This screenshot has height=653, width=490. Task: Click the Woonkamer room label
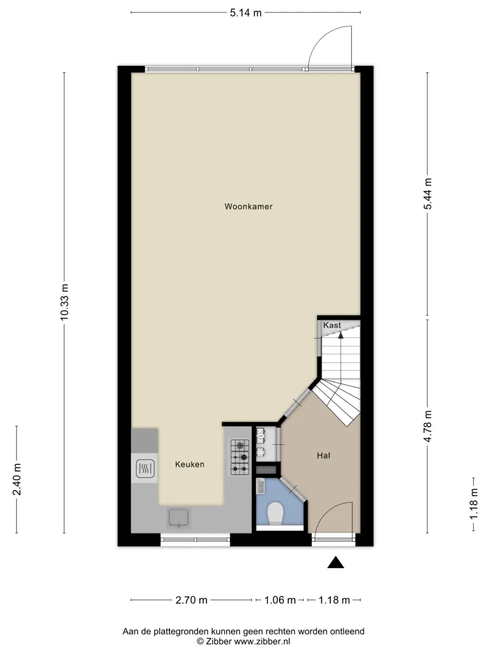248,206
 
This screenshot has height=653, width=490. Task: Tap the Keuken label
190,465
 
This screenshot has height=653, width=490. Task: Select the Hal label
323,456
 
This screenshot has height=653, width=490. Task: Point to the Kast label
332,325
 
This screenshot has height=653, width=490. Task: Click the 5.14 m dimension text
246,13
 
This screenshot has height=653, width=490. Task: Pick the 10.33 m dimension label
64,303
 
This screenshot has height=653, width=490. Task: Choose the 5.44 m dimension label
428,194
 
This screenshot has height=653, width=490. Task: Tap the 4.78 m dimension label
428,426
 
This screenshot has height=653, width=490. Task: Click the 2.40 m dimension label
17,480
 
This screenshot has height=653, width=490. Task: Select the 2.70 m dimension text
191,600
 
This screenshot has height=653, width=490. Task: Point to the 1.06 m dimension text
280,600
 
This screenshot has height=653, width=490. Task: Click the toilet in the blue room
275,513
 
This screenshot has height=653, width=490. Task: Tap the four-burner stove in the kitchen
240,457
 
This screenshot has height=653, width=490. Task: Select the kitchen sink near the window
179,518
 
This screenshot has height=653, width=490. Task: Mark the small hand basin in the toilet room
261,486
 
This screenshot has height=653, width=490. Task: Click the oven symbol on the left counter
145,468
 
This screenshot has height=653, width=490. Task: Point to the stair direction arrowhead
341,334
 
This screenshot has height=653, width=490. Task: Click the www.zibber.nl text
262,641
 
